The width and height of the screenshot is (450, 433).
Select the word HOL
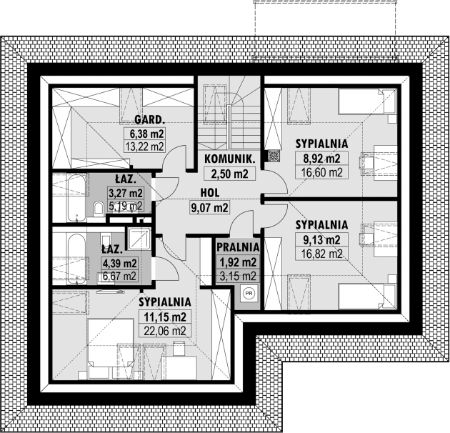point(209,192)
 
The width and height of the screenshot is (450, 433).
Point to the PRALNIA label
point(238,247)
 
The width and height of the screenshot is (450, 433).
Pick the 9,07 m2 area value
point(209,208)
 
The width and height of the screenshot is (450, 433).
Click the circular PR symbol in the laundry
point(249,292)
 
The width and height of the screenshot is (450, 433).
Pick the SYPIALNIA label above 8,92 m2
point(321,142)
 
